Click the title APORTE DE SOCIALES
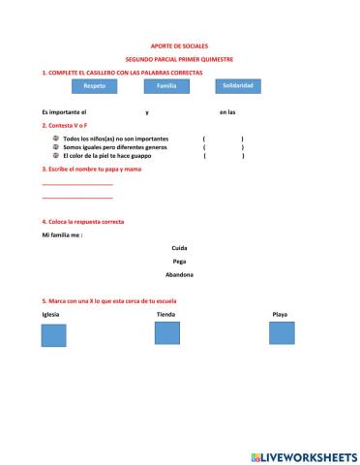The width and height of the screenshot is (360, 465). (180, 46)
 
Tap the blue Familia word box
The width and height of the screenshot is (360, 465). (166, 87)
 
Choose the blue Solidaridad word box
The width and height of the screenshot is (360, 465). (238, 86)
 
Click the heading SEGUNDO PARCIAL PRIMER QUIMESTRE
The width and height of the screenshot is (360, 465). (180, 59)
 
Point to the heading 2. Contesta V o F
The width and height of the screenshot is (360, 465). (65, 126)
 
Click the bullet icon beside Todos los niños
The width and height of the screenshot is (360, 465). (56, 139)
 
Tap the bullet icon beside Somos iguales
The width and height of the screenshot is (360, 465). (56, 147)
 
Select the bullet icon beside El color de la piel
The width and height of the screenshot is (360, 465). (56, 155)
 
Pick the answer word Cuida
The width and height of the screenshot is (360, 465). (179, 248)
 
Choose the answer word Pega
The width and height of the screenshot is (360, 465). (179, 261)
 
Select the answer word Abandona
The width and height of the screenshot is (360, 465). (179, 274)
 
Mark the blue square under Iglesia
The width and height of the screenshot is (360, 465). (53, 335)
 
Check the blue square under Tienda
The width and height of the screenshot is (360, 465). (167, 334)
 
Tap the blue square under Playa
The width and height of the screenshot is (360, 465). (282, 334)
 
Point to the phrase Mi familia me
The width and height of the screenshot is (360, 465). (63, 234)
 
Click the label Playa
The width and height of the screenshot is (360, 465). (280, 315)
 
